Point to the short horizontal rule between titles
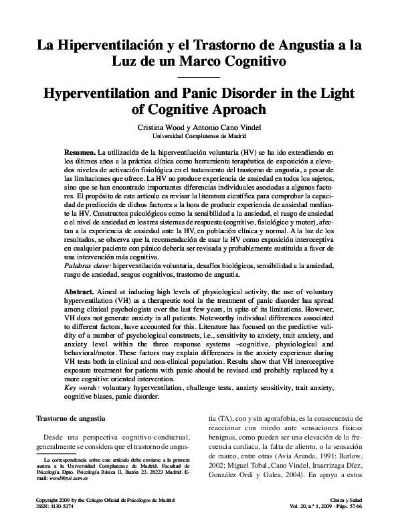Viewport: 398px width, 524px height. tap(199, 78)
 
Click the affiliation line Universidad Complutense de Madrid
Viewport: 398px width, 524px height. tap(199, 135)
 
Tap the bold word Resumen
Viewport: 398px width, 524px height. tap(80, 153)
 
